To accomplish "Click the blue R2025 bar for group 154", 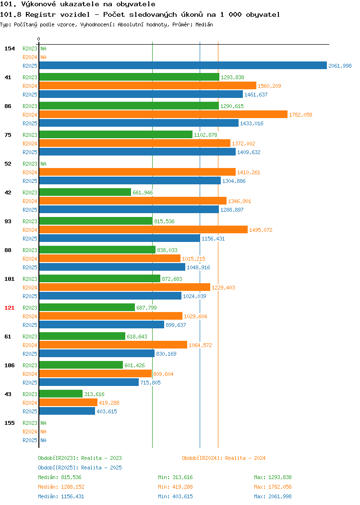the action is coord(183,65).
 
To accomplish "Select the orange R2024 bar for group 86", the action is coord(163,114).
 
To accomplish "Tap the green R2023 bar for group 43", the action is coord(61,394).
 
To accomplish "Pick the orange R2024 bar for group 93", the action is coord(144,229).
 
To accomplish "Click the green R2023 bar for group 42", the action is coord(85,192).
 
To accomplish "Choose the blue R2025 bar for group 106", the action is coord(89,382).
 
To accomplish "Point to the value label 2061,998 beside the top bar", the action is coord(340,66).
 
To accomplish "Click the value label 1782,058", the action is coord(300,115).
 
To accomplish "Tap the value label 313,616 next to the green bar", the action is coord(94,394).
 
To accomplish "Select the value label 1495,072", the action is coord(261,230).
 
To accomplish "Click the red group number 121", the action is coord(9,308).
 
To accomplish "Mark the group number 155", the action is coord(9,423).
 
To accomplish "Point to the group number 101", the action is coord(9,279).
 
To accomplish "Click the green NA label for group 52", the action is coord(44,164).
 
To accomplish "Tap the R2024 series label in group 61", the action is coord(30,345).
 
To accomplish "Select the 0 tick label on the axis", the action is coord(39,39).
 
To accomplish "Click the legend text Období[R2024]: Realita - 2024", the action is coord(224,458).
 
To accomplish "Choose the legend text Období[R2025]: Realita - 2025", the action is coord(80,468).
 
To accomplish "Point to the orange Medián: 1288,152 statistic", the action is coord(61,487).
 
